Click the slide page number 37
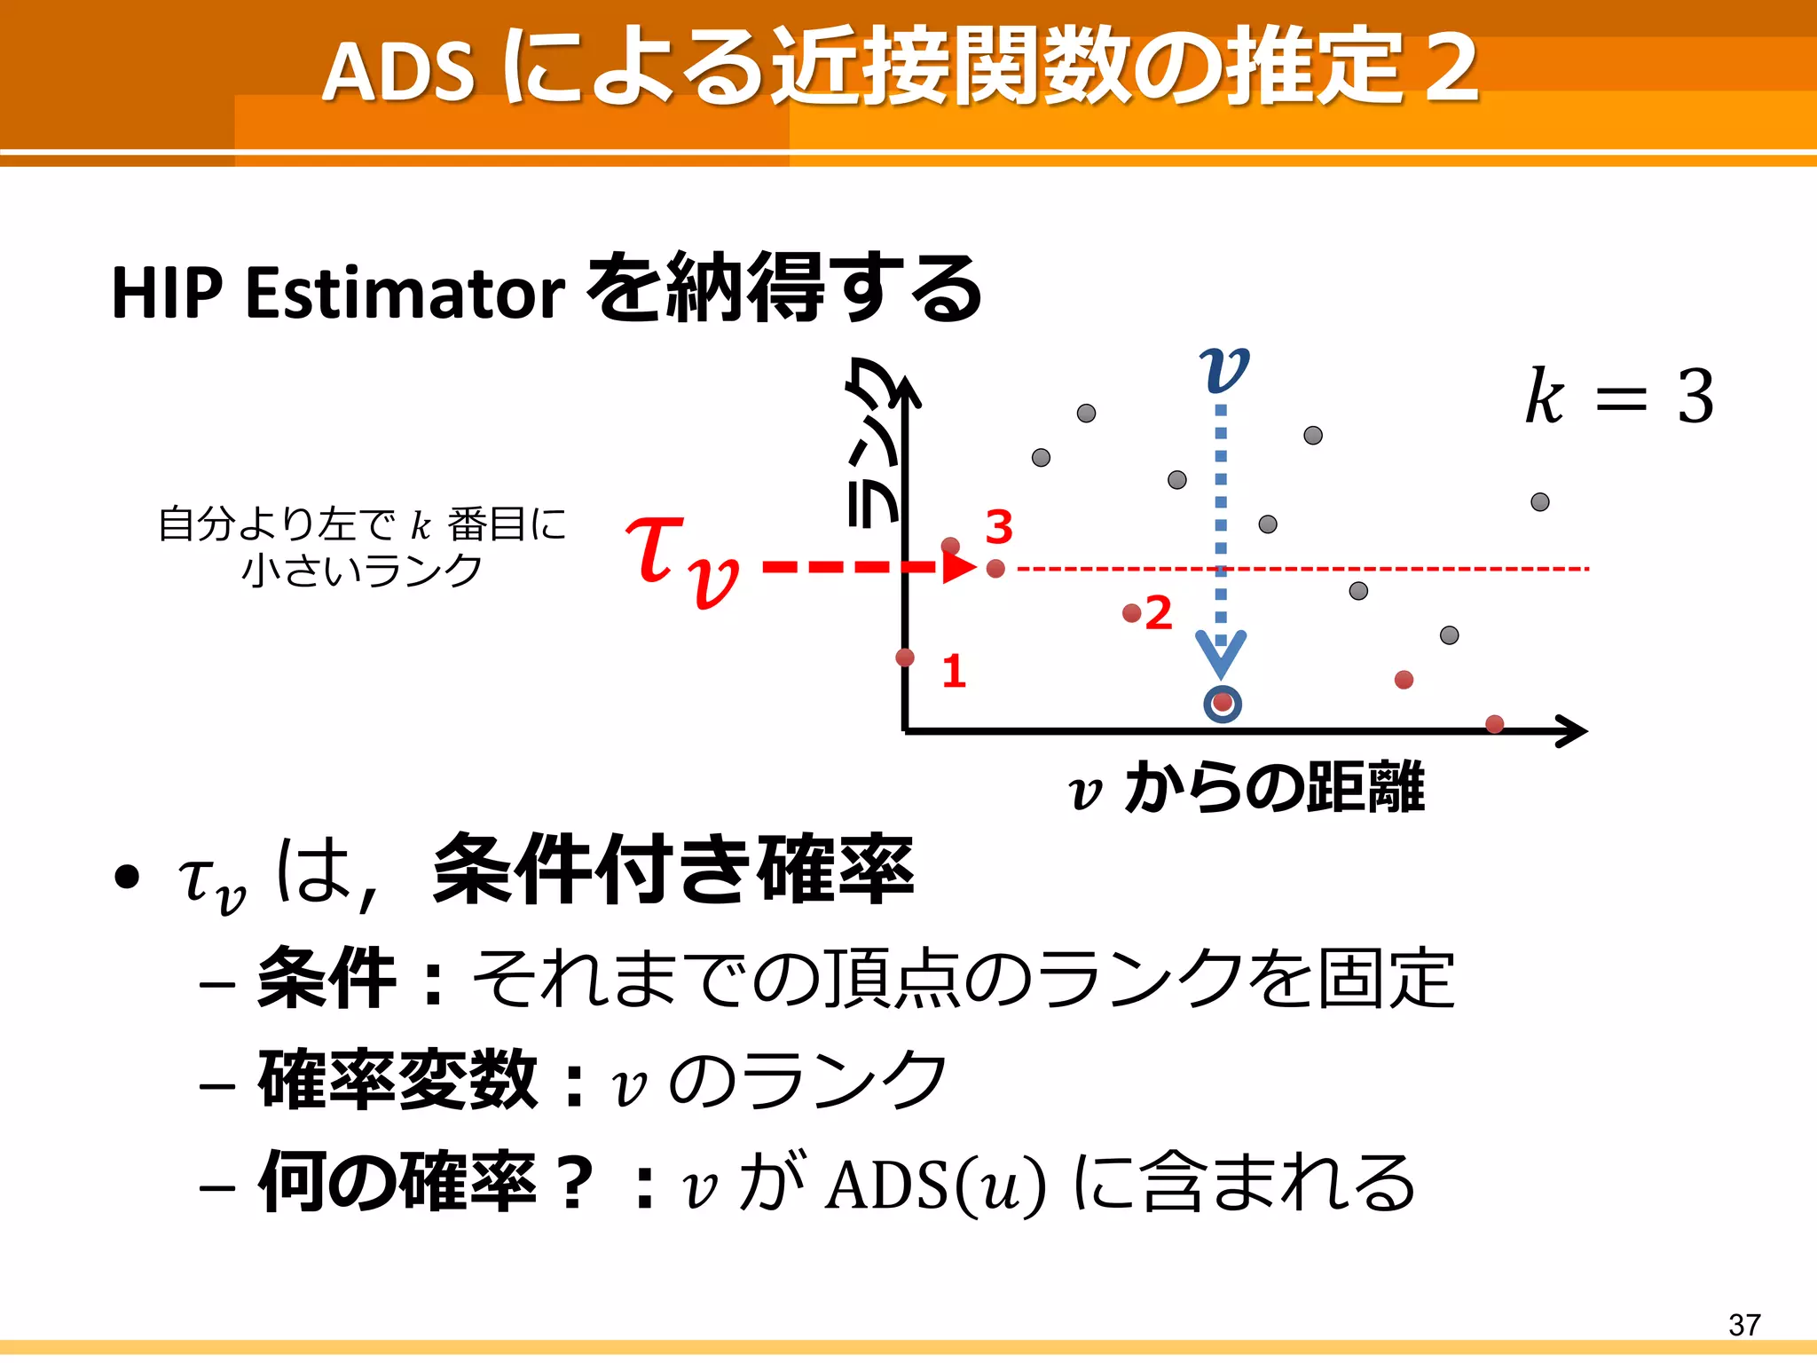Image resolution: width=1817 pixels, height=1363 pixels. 1744,1325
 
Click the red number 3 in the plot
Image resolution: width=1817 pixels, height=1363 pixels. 999,528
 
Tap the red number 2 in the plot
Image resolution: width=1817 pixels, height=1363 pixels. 1159,613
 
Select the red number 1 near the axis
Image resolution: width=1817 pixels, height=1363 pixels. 954,671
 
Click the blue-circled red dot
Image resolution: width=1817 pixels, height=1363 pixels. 1223,704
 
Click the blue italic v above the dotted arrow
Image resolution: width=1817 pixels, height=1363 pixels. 1223,370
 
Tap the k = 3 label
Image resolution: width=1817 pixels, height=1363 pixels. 1619,397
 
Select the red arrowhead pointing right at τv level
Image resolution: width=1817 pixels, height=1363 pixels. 958,567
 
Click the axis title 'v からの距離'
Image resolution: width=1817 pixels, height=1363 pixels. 1247,788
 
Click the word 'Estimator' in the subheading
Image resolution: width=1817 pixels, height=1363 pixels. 405,293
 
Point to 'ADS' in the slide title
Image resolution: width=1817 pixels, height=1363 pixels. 398,71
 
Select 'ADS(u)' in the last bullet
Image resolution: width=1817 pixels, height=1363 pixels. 935,1184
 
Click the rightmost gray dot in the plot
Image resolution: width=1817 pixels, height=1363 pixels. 1540,502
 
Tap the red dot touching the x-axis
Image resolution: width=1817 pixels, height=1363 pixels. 1494,724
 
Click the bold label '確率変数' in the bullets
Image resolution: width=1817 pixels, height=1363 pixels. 397,1080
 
